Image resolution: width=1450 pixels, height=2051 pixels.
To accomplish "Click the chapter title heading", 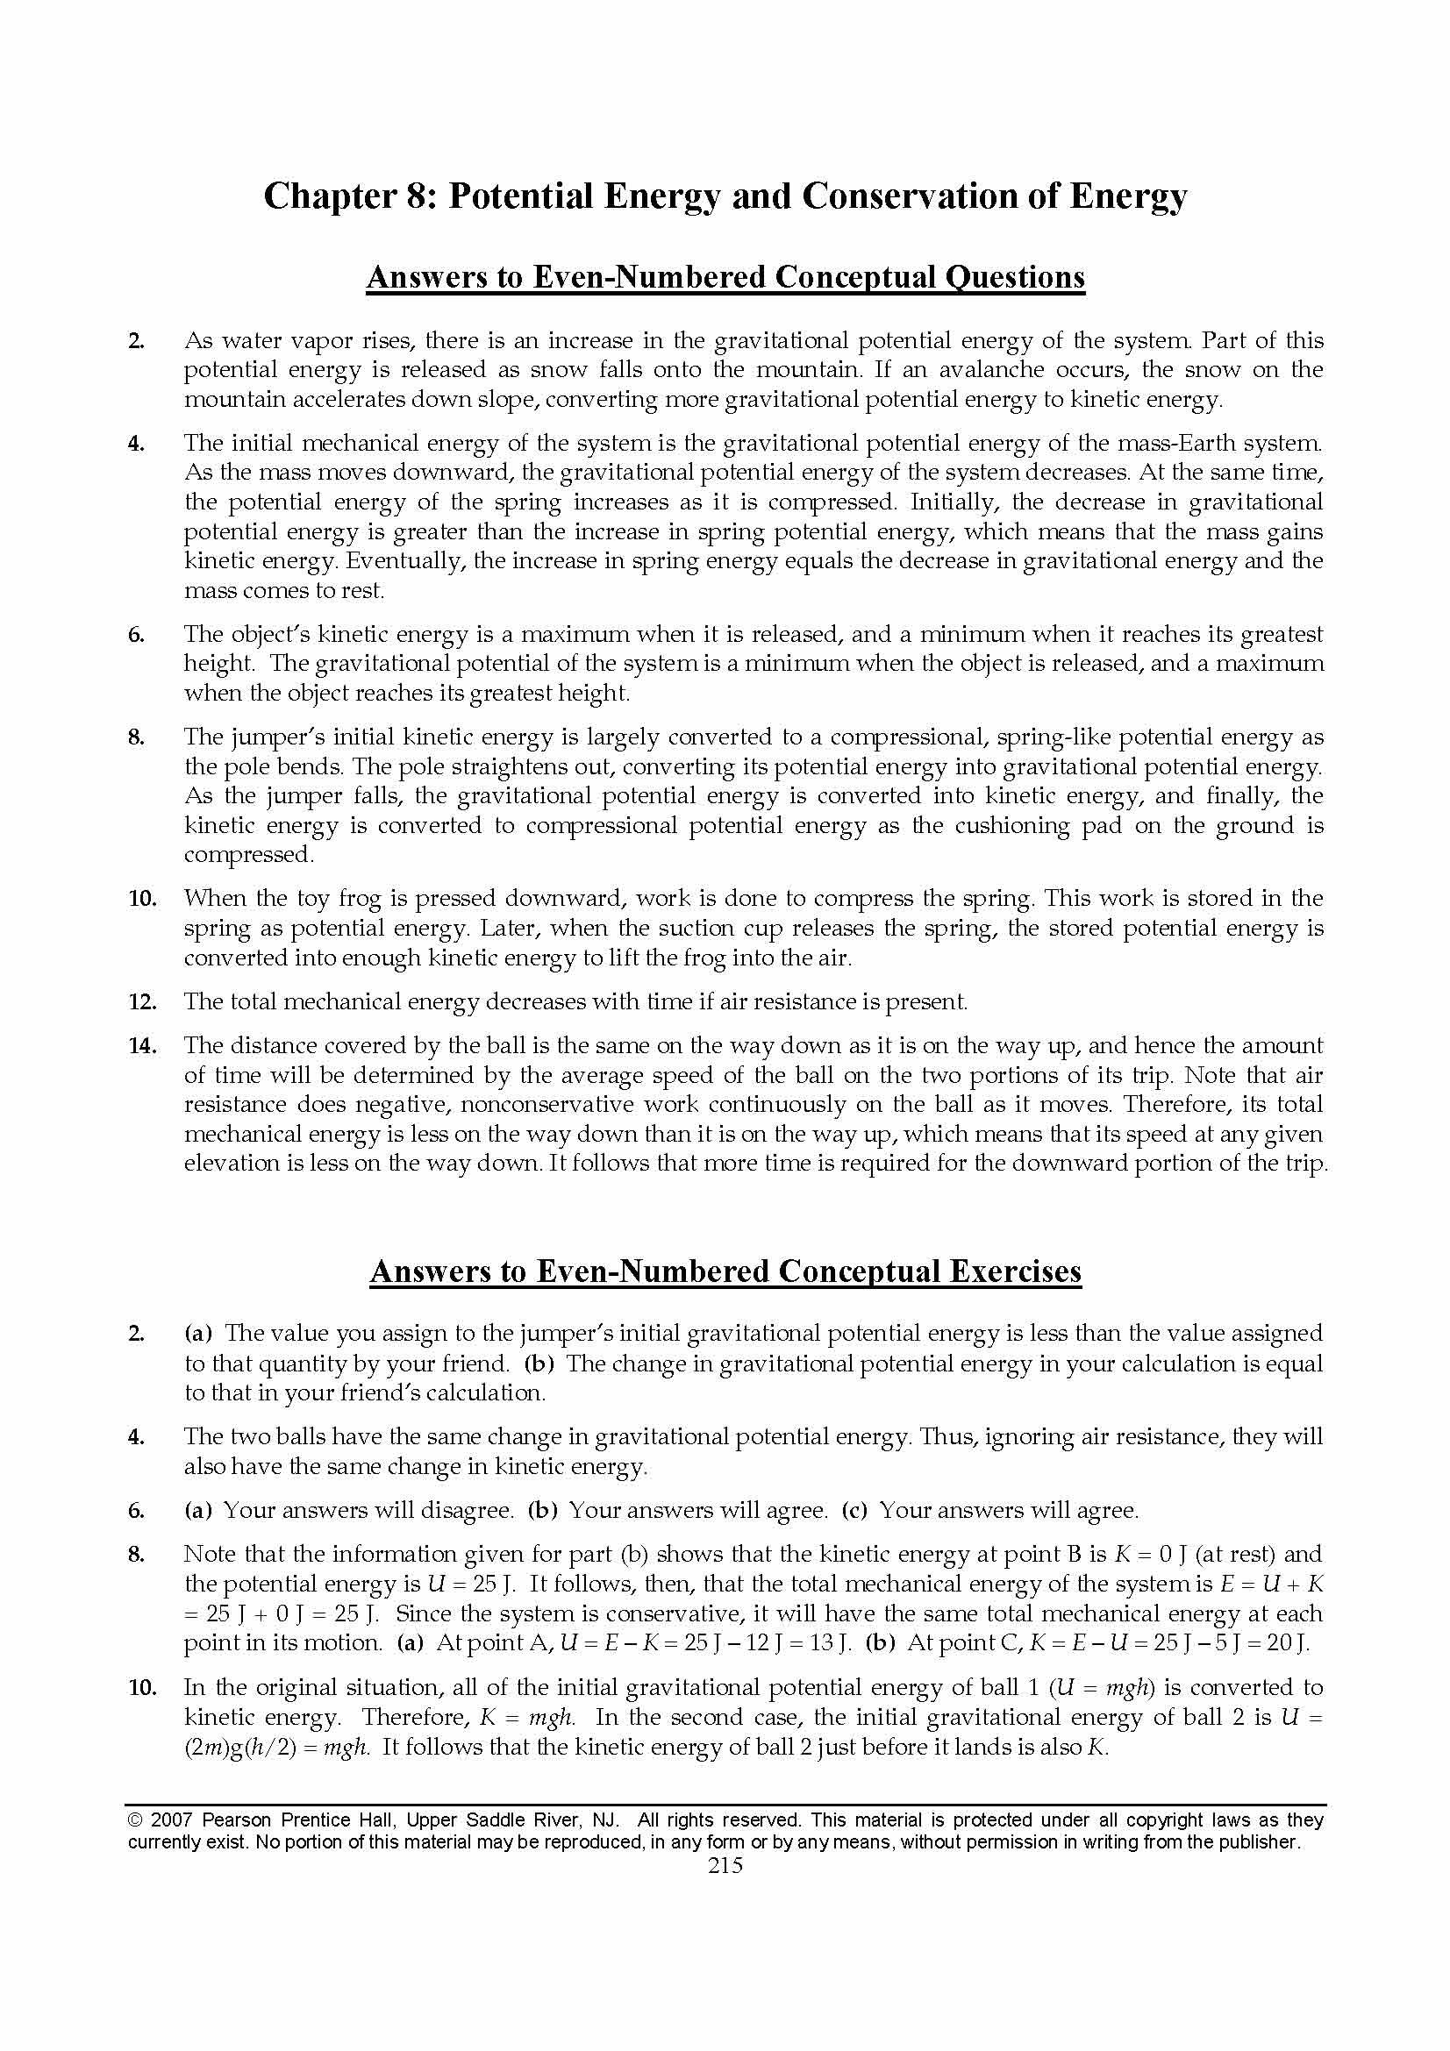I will click(x=725, y=196).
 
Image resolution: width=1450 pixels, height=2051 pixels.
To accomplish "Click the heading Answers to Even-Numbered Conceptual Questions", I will click(x=725, y=278).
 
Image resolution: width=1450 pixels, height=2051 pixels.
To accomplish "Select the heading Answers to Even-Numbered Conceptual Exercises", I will click(x=725, y=1271).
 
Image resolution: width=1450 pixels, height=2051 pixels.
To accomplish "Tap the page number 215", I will click(x=725, y=1864).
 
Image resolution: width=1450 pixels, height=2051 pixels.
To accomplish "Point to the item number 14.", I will click(x=142, y=1045).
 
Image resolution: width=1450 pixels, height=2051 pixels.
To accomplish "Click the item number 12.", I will click(x=142, y=1001).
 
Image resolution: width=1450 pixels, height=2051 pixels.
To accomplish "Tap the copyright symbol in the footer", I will click(x=135, y=1820).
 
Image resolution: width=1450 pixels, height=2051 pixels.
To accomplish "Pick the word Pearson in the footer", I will click(x=238, y=1820).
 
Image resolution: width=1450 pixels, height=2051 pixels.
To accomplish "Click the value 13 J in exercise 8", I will click(x=837, y=1642).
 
